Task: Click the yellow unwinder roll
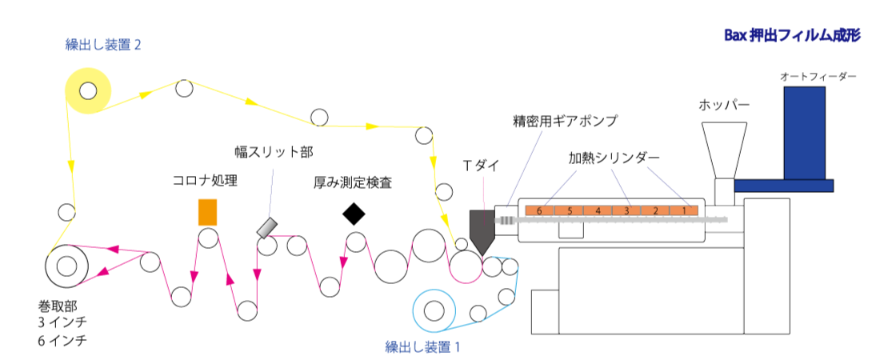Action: point(87,90)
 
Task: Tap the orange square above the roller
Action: point(207,212)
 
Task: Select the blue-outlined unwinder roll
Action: point(434,310)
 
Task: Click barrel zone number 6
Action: point(539,211)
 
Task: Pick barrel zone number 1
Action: point(684,211)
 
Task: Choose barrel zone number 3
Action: point(626,211)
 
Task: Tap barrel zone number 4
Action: point(598,211)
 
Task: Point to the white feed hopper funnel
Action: point(724,149)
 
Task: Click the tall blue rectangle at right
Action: point(804,133)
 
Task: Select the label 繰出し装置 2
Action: point(103,45)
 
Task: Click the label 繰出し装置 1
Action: point(422,347)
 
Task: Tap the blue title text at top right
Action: point(792,35)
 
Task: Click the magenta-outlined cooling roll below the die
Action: point(466,266)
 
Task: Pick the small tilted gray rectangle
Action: point(266,228)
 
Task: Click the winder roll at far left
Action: point(66,266)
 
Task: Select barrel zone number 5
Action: point(569,211)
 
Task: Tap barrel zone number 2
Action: point(655,211)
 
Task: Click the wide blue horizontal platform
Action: point(783,186)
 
